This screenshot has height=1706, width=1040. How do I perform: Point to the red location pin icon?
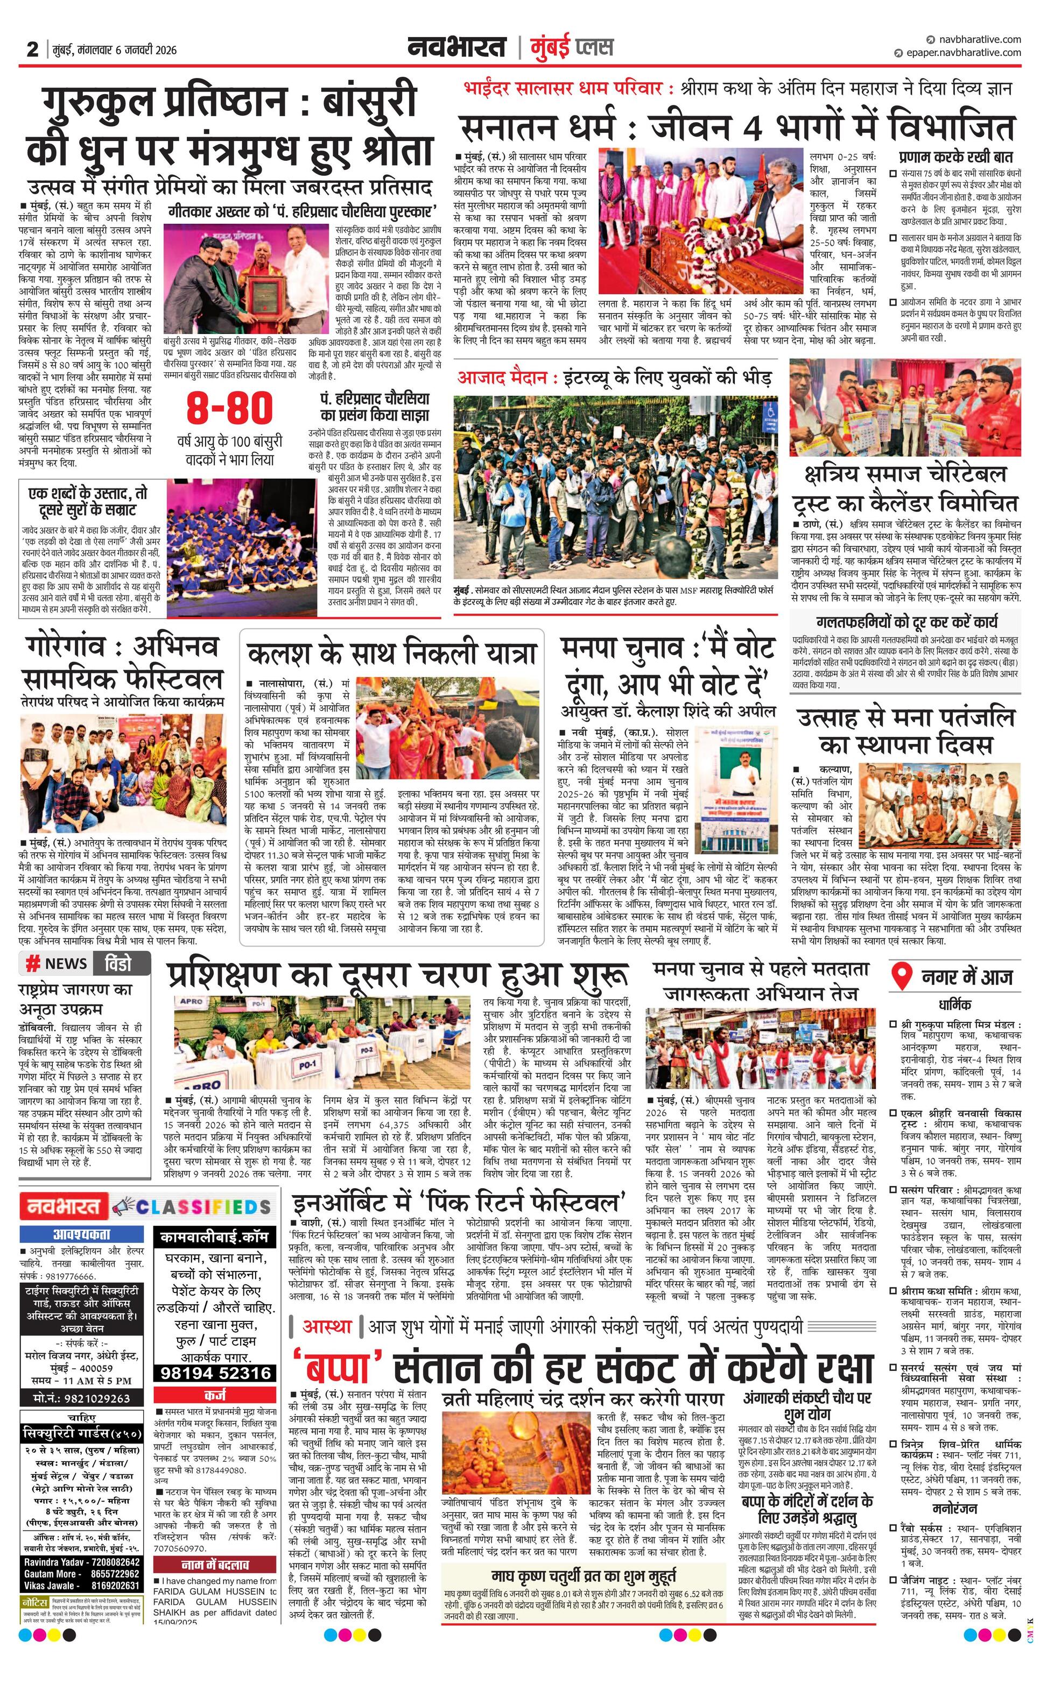901,976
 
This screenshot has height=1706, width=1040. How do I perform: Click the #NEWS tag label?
57,963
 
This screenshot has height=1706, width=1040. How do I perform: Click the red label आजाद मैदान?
507,378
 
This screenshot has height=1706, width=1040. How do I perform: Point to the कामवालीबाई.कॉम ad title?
215,1236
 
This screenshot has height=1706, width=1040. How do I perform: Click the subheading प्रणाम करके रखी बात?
955,157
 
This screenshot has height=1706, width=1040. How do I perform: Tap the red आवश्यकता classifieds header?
82,1234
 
